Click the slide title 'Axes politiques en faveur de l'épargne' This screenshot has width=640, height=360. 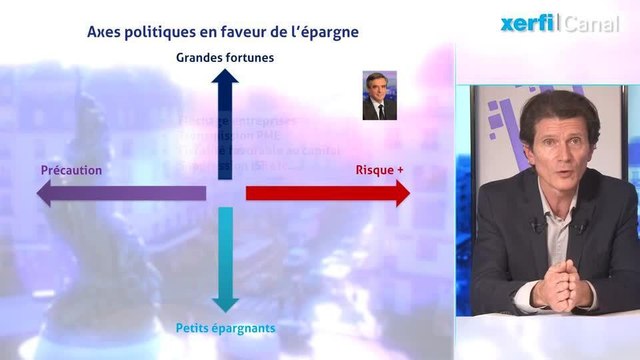[223, 32]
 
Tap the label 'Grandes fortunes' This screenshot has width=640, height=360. [225, 57]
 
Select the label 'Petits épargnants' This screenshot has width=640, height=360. [225, 327]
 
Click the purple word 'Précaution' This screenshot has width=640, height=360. [71, 170]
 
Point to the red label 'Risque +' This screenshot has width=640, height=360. [380, 170]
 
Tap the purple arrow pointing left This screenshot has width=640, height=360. [120, 193]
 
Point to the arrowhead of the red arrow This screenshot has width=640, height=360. [401, 193]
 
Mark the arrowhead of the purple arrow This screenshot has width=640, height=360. [46, 193]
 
